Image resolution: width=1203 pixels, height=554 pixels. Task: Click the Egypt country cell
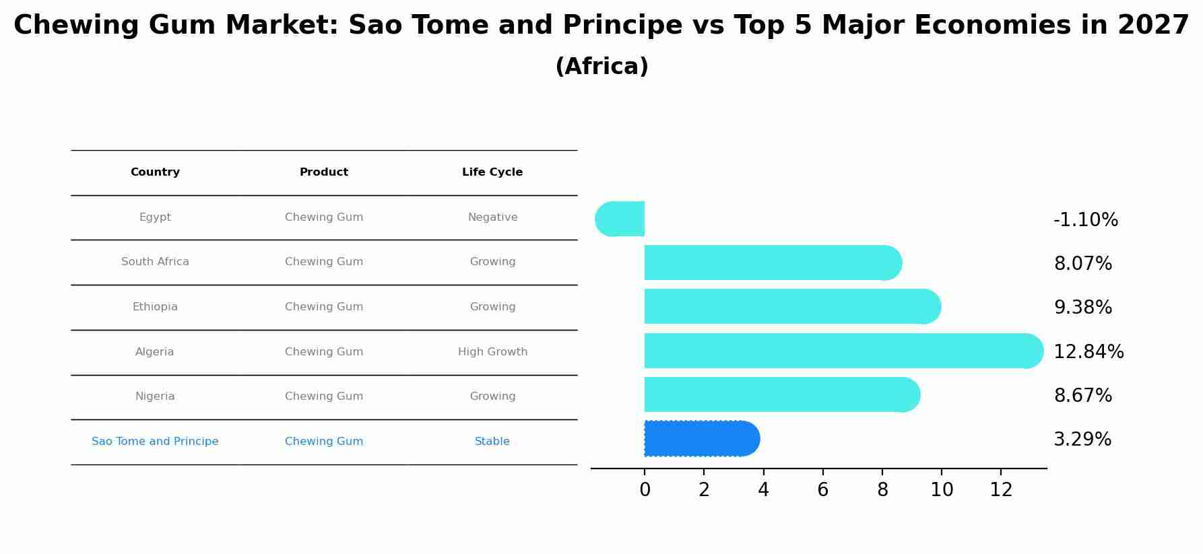click(x=155, y=217)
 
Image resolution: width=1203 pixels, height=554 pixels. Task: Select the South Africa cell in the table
click(x=155, y=262)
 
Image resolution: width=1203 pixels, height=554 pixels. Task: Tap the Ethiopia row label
click(x=155, y=307)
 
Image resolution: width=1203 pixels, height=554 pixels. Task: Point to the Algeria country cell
click(x=155, y=352)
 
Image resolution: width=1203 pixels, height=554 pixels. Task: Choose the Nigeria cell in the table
click(x=155, y=396)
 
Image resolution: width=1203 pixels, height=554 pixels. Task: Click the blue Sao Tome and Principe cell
click(x=155, y=442)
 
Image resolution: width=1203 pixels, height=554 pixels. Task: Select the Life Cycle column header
click(x=492, y=172)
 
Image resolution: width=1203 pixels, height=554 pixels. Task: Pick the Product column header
click(x=324, y=172)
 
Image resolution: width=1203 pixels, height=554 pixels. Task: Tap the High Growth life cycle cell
click(x=492, y=352)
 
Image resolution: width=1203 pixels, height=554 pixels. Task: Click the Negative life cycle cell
click(x=492, y=217)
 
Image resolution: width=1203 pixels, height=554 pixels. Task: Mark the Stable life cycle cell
click(x=492, y=442)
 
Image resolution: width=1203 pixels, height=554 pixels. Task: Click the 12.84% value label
click(x=1088, y=352)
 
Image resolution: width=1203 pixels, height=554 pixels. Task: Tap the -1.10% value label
click(x=1086, y=220)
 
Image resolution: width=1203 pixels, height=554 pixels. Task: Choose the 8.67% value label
click(x=1082, y=396)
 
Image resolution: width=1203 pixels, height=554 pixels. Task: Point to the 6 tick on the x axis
click(x=822, y=490)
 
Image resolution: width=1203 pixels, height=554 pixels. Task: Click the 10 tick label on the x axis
click(x=942, y=490)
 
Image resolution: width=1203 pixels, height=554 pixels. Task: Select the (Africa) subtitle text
click(x=601, y=67)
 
